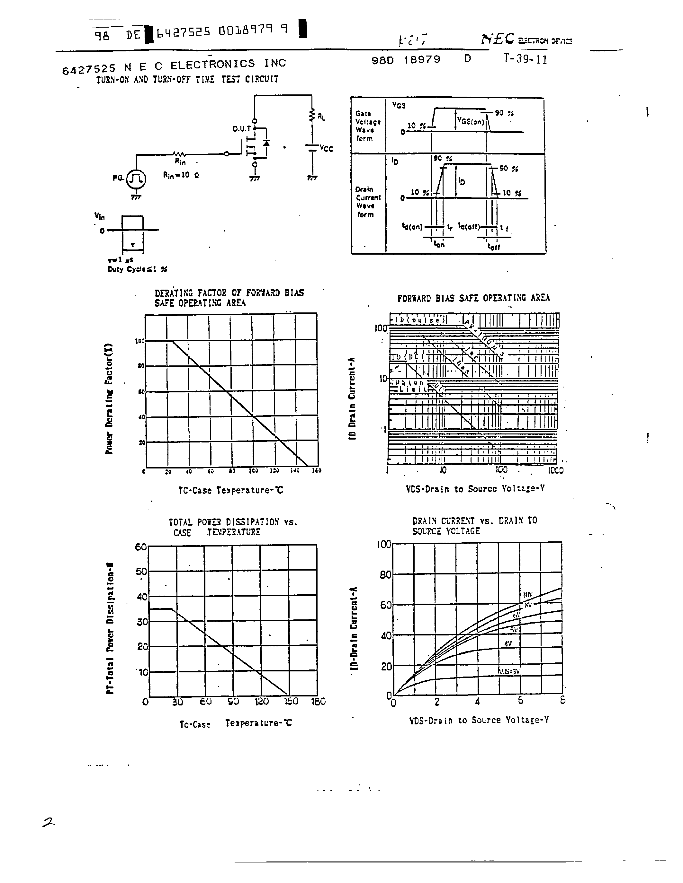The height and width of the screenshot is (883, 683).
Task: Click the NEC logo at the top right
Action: coord(497,39)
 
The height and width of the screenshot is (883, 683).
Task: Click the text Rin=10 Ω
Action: coord(181,175)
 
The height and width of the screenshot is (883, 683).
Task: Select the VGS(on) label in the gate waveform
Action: coord(471,120)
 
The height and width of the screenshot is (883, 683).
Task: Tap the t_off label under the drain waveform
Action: coord(494,246)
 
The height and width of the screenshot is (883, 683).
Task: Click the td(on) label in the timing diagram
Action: coord(412,227)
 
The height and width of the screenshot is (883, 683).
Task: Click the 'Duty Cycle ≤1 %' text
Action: coord(137,269)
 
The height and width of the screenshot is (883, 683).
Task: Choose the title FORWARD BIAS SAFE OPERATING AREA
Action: coord(473,298)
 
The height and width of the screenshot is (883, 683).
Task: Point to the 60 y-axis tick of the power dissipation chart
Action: coord(140,547)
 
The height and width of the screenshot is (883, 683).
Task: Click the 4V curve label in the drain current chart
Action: coord(508,643)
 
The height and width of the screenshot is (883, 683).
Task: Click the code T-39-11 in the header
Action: coord(525,60)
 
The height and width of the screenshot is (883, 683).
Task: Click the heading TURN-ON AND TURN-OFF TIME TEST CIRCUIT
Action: coord(187,79)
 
